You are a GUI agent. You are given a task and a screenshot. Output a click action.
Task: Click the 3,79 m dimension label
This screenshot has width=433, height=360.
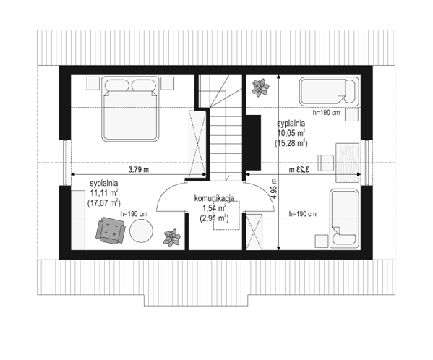(x=139, y=169)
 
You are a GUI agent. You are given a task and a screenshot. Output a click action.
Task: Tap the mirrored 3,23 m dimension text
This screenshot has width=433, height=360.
(x=300, y=169)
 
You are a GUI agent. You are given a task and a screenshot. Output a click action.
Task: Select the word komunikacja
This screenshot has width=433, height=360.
(x=214, y=198)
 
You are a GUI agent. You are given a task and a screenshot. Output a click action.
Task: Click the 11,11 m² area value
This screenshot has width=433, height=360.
(x=104, y=193)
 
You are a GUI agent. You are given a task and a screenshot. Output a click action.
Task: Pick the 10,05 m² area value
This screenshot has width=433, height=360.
(x=291, y=133)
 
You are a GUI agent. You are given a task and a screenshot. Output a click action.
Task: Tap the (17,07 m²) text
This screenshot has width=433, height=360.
(x=104, y=203)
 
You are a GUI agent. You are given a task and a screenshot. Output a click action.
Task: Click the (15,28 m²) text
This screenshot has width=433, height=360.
(x=291, y=143)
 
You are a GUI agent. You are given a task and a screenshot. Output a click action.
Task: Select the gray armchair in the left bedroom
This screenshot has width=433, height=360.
(x=111, y=231)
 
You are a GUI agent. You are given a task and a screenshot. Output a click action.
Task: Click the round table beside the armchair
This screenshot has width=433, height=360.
(x=141, y=231)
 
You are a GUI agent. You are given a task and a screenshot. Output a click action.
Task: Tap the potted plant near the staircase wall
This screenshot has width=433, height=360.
(x=260, y=87)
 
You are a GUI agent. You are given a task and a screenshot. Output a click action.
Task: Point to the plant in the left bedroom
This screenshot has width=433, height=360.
(x=172, y=238)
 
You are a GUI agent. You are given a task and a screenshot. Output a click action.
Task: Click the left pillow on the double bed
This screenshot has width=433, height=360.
(x=117, y=85)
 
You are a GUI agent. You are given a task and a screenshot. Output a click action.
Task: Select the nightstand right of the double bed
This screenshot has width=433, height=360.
(x=168, y=83)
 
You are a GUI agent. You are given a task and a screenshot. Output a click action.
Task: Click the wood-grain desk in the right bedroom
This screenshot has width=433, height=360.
(x=348, y=163)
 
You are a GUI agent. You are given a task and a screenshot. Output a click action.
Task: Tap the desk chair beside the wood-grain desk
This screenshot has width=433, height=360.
(x=326, y=163)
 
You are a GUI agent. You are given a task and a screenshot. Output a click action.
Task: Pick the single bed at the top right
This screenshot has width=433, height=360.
(x=329, y=91)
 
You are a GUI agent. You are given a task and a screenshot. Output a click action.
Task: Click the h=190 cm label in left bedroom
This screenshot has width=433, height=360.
(x=134, y=214)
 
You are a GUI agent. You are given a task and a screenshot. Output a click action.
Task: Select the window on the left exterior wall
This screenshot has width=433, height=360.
(x=65, y=163)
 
